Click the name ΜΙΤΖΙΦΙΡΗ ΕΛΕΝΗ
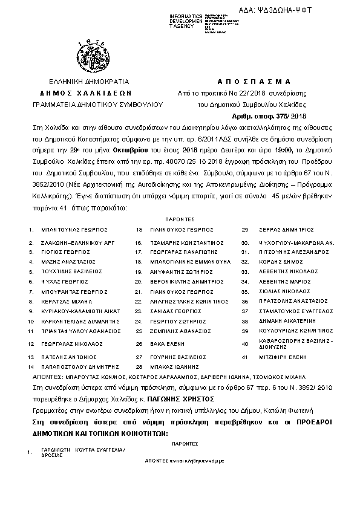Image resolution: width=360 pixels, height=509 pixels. point(281,357)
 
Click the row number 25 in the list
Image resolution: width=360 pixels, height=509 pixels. point(139,331)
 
